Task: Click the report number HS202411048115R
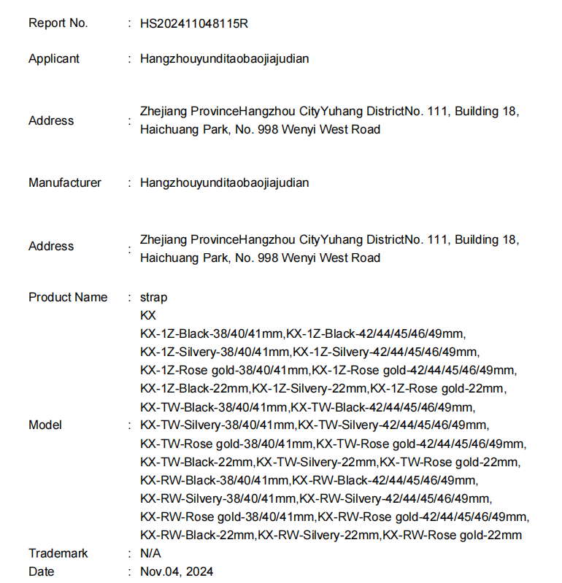pos(193,23)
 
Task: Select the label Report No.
pos(58,23)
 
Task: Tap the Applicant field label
pos(54,58)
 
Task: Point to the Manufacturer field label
pos(65,182)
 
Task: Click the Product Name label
pos(68,297)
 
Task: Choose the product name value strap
pos(153,297)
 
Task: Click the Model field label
pos(45,425)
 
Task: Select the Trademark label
pos(58,553)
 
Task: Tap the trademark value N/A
pos(150,553)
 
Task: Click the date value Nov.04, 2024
pos(177,571)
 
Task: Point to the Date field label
pos(42,571)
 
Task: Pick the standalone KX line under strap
pos(147,315)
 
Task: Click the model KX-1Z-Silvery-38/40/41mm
pos(215,352)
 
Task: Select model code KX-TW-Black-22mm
pos(197,462)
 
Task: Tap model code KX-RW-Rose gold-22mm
pos(453,535)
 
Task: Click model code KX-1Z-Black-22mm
pos(195,388)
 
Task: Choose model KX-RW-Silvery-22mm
pos(319,535)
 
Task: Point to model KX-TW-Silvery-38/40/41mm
pos(218,425)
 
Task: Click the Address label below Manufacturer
pos(51,246)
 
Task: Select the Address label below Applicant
pos(51,120)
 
